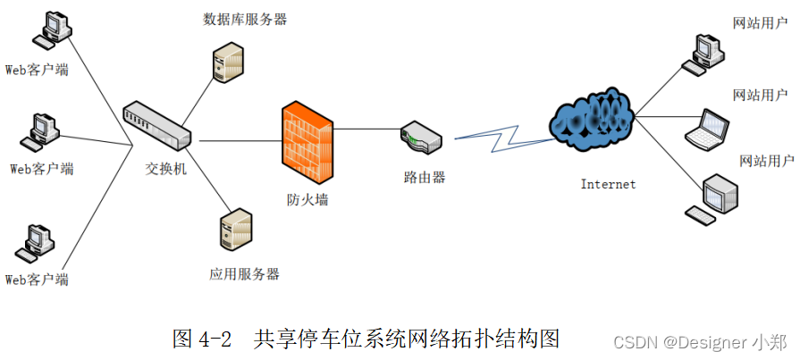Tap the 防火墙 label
pos(307,200)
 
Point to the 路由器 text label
pos(424,177)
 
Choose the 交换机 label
pos(166,169)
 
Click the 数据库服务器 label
pos(245,19)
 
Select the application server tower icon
pos(234,230)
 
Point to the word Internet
pos(608,184)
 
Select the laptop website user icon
pos(707,126)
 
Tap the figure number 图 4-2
pos(202,339)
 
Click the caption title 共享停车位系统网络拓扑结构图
pos(407,339)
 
